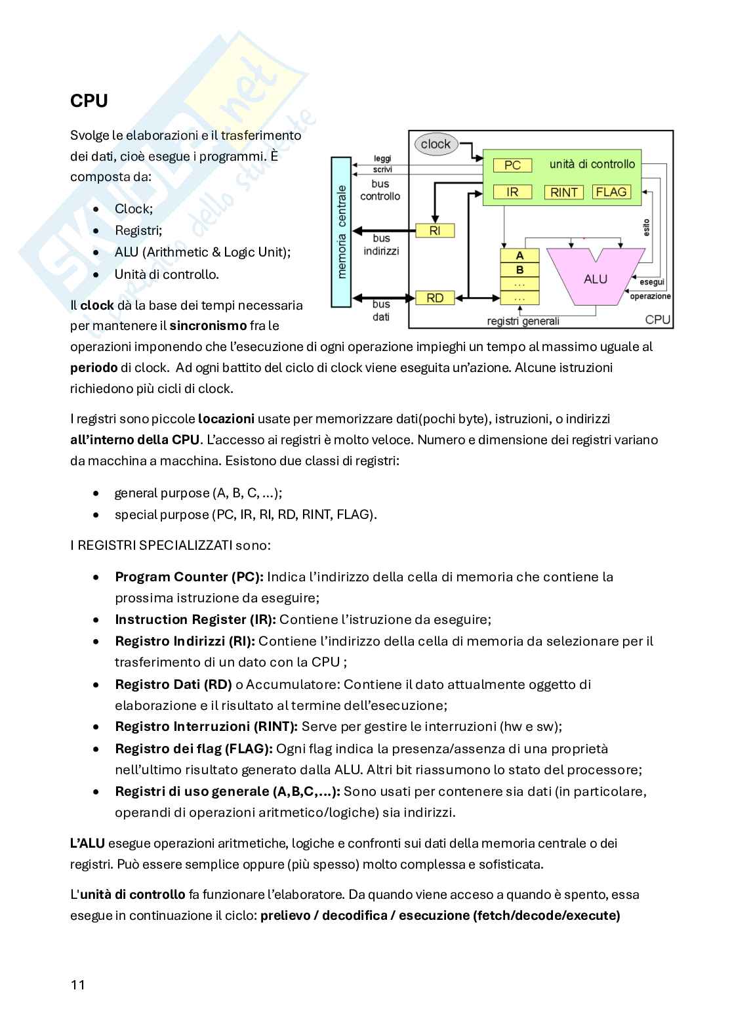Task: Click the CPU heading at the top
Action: tap(89, 101)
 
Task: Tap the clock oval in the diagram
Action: tap(436, 144)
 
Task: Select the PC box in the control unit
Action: tap(512, 165)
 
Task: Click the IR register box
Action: tap(512, 192)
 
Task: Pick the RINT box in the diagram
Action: tap(564, 192)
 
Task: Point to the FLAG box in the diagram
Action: tap(611, 192)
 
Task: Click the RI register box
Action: tap(434, 231)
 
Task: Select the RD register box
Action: tap(434, 298)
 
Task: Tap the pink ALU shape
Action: tap(595, 278)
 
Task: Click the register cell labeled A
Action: tap(519, 256)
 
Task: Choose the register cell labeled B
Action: tap(519, 270)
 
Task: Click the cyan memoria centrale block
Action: tap(341, 232)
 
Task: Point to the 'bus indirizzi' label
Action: tap(381, 244)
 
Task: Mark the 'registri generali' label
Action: tap(523, 321)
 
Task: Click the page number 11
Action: tap(77, 985)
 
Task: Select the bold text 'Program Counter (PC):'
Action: tap(189, 577)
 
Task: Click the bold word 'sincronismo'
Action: tap(208, 325)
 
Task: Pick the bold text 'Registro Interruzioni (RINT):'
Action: tap(206, 726)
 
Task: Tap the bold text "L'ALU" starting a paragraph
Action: tap(87, 843)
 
